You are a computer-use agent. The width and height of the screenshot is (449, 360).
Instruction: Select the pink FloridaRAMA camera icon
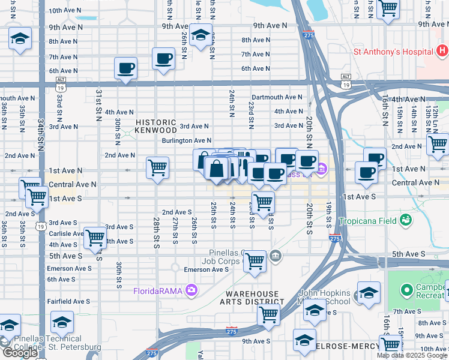191,292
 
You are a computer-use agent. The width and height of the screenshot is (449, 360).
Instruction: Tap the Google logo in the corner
19,352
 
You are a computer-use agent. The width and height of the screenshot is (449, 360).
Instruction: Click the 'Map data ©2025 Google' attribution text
412,355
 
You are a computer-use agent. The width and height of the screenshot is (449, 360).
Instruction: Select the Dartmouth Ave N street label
277,97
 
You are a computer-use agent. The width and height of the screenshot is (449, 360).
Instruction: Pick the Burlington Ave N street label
186,141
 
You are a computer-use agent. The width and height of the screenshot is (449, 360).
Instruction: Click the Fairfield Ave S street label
68,301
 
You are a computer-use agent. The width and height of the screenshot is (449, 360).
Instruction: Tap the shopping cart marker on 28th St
157,167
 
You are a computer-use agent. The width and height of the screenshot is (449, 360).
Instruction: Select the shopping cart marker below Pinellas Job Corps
255,262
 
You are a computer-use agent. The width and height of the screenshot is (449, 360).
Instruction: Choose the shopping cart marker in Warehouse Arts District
268,314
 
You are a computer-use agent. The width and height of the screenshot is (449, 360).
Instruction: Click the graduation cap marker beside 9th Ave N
200,34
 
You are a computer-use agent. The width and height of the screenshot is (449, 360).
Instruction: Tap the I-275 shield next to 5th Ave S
335,238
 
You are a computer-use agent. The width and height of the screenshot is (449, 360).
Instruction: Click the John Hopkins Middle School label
324,298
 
